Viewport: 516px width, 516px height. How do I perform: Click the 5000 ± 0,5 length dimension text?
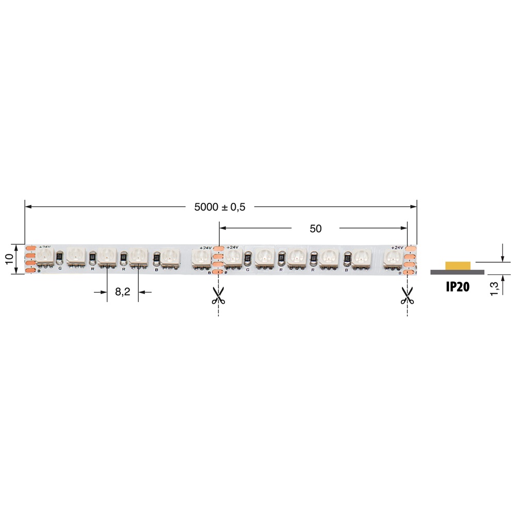[x=220, y=207]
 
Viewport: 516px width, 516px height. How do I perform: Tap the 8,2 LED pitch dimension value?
[x=122, y=292]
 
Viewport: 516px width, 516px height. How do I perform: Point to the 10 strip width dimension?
[x=9, y=259]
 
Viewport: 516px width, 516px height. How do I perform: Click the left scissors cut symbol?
[x=218, y=295]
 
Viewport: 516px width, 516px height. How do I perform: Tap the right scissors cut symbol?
[x=407, y=295]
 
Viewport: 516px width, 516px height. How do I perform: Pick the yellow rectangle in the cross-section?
[x=458, y=265]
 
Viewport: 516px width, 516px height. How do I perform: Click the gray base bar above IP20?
[x=457, y=272]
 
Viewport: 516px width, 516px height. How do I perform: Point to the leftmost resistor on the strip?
[x=60, y=255]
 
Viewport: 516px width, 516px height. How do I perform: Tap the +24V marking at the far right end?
[x=397, y=248]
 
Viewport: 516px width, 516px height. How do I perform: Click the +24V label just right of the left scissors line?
[x=233, y=247]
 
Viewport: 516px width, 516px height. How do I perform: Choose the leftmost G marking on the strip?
[x=61, y=269]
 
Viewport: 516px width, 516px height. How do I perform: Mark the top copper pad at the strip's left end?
[x=30, y=249]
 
